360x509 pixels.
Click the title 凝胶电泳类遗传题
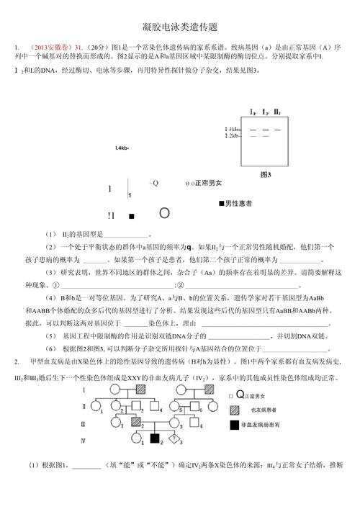[x=180, y=27]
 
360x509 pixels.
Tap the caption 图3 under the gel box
[x=266, y=174]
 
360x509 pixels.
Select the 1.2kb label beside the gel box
[x=232, y=135]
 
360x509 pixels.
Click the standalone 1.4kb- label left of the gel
[x=122, y=148]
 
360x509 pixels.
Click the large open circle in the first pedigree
[x=164, y=214]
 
